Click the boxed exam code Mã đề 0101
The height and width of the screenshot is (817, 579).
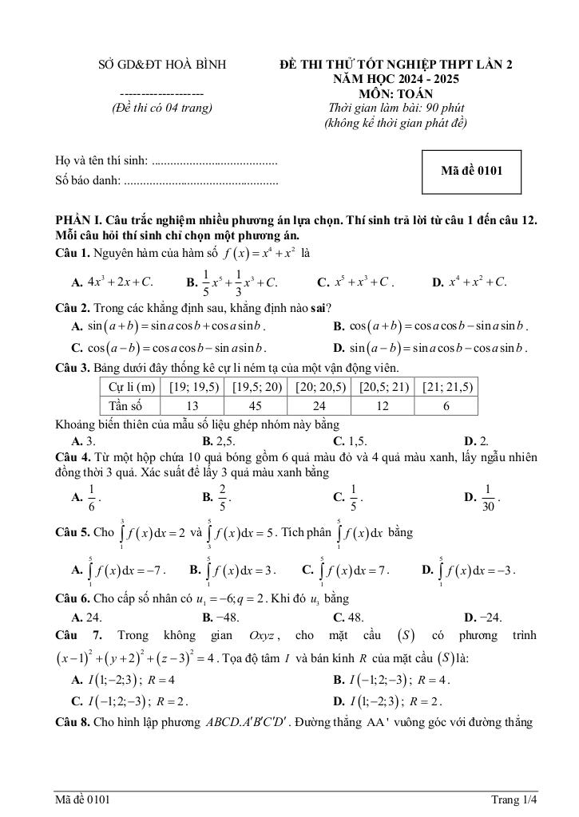click(x=471, y=171)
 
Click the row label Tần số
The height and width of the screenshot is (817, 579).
click(x=130, y=405)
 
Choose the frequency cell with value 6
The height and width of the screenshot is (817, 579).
click(x=446, y=405)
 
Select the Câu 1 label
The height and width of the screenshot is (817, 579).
click(x=71, y=253)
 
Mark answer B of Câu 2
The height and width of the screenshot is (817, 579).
click(x=431, y=326)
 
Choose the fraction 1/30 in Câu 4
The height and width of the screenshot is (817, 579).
click(x=488, y=496)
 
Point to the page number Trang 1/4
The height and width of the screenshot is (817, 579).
click(x=514, y=799)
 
